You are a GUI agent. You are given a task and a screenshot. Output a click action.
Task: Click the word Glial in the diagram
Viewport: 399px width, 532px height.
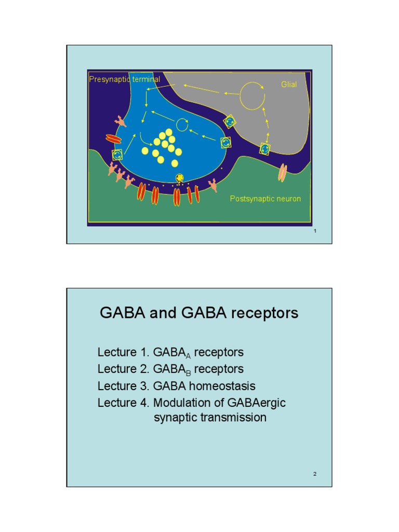coord(289,84)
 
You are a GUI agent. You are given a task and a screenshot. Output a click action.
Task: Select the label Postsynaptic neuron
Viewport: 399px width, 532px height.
coord(265,198)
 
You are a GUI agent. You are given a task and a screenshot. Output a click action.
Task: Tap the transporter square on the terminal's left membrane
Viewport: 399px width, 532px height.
coord(118,154)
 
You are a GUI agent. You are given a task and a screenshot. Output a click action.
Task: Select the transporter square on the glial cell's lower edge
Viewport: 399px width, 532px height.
coord(265,149)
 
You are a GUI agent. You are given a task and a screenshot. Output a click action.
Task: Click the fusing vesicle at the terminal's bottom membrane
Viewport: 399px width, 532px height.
coord(180,179)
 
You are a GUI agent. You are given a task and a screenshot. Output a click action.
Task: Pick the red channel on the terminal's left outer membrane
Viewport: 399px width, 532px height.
coord(113,139)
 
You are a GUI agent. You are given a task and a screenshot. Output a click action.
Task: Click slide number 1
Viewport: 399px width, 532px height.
coord(315,231)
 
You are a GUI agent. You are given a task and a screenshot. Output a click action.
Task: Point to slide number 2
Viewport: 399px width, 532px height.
coord(315,474)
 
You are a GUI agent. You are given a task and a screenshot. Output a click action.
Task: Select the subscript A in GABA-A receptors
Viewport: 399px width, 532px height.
coord(188,356)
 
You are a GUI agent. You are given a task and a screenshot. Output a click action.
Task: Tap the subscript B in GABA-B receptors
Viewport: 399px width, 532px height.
coord(188,373)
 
